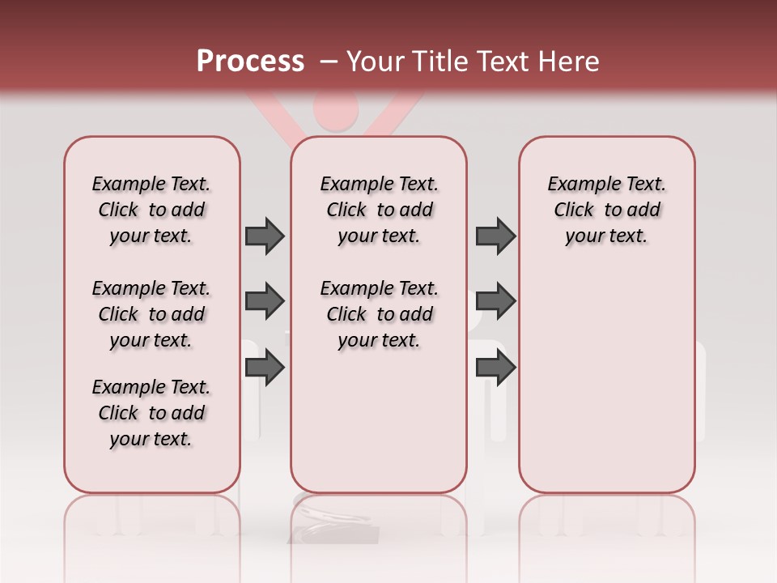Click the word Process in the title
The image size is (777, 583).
pos(250,62)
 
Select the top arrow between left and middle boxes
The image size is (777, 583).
pos(265,236)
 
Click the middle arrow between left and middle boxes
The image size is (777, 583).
pos(265,301)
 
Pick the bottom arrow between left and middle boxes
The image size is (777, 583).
pos(265,368)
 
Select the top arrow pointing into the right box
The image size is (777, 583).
pos(495,236)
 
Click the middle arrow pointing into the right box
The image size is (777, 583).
pos(495,301)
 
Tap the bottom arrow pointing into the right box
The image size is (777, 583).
pos(495,368)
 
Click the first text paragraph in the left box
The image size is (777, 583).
pos(151,210)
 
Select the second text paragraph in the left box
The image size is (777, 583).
pos(151,314)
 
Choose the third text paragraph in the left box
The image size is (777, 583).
pos(151,413)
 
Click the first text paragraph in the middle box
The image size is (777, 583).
pos(379,210)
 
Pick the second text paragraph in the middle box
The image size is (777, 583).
pos(379,314)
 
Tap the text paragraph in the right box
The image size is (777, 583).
pos(607,210)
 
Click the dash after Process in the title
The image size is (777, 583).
pos(328,62)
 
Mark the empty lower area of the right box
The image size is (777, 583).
pos(607,381)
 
